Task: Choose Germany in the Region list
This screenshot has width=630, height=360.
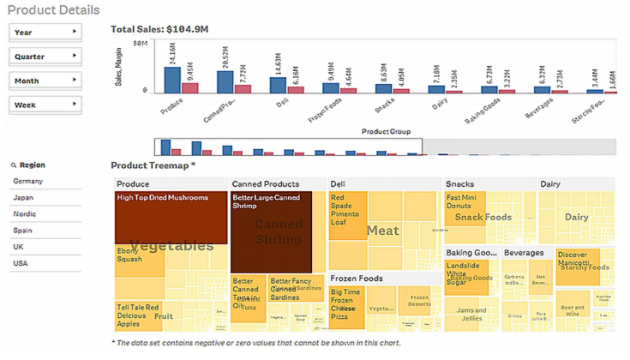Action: [28, 182]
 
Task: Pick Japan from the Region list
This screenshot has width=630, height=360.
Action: [23, 198]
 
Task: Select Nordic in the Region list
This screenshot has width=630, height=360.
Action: [25, 214]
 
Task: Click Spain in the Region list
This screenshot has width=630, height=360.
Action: [23, 231]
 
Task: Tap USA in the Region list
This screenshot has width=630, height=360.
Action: [21, 263]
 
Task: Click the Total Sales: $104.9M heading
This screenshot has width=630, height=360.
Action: [159, 29]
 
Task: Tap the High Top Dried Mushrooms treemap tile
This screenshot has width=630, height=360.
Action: [171, 218]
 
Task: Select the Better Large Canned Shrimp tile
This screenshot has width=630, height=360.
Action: [271, 231]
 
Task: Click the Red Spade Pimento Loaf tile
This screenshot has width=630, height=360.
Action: [347, 215]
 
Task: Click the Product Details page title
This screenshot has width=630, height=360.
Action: [53, 10]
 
